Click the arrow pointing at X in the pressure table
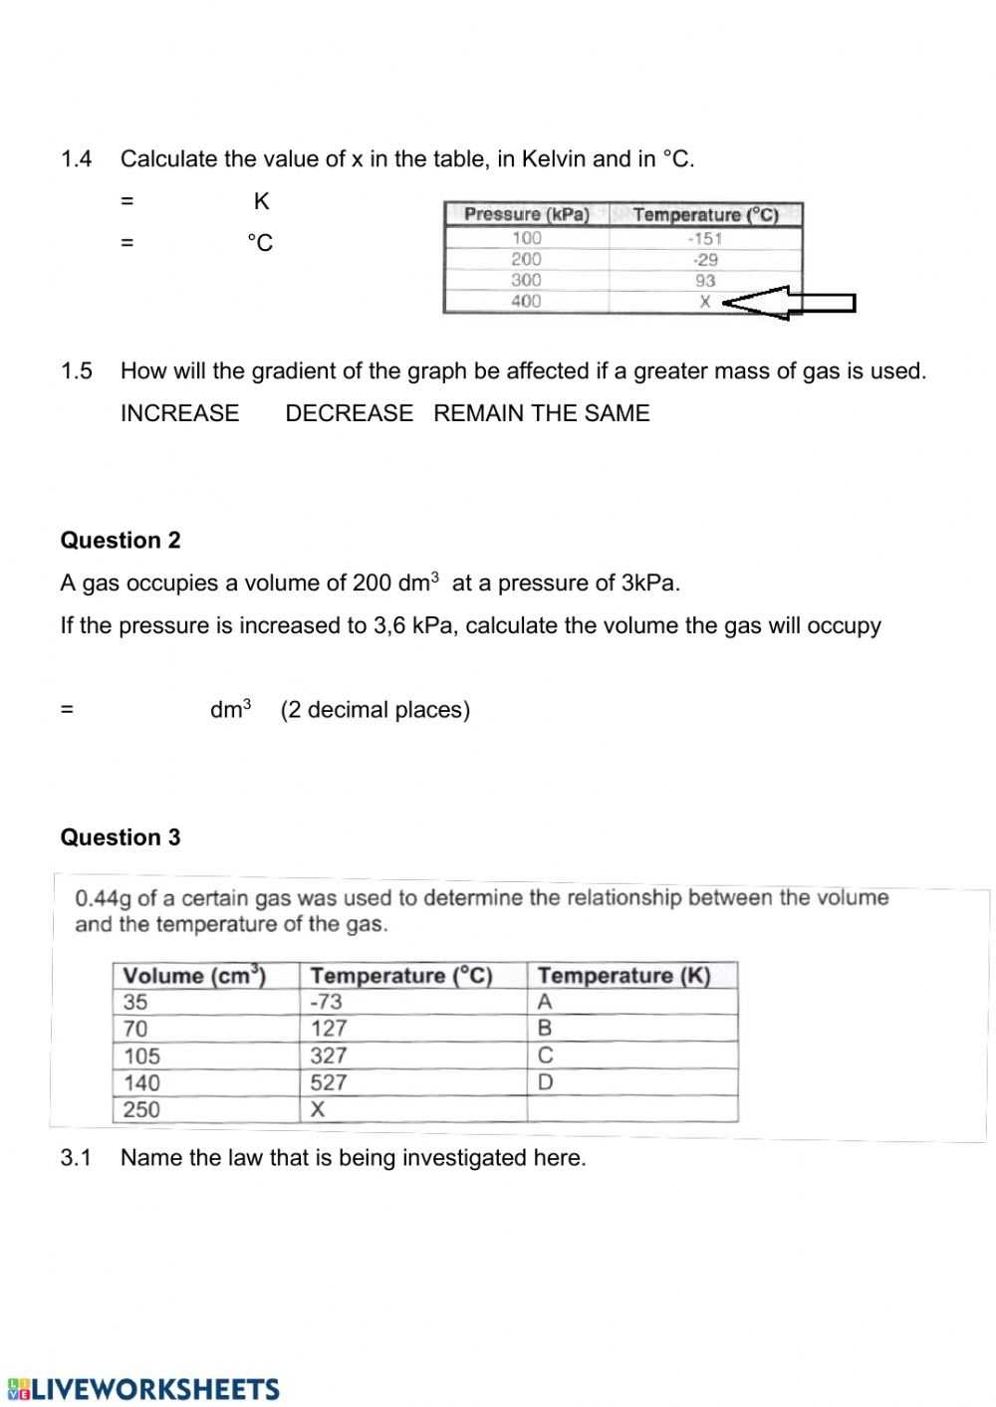coord(788,303)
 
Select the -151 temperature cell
coord(705,238)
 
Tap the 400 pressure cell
coord(526,301)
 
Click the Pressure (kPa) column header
coord(526,214)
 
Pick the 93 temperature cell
coord(705,281)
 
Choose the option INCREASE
coord(179,413)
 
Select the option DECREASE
coord(349,413)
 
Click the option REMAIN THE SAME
coord(541,413)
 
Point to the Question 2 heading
coord(121,541)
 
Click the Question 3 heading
coord(121,837)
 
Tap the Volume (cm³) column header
coord(194,976)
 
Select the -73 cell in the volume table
coord(327,1003)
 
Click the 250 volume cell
coord(141,1109)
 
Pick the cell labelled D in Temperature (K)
coord(545,1082)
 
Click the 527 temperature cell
coord(329,1082)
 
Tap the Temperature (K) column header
coord(624,976)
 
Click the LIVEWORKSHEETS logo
coord(143,1390)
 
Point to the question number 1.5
coord(77,371)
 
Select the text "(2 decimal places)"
coord(375,710)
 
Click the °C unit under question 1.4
coord(260,243)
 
